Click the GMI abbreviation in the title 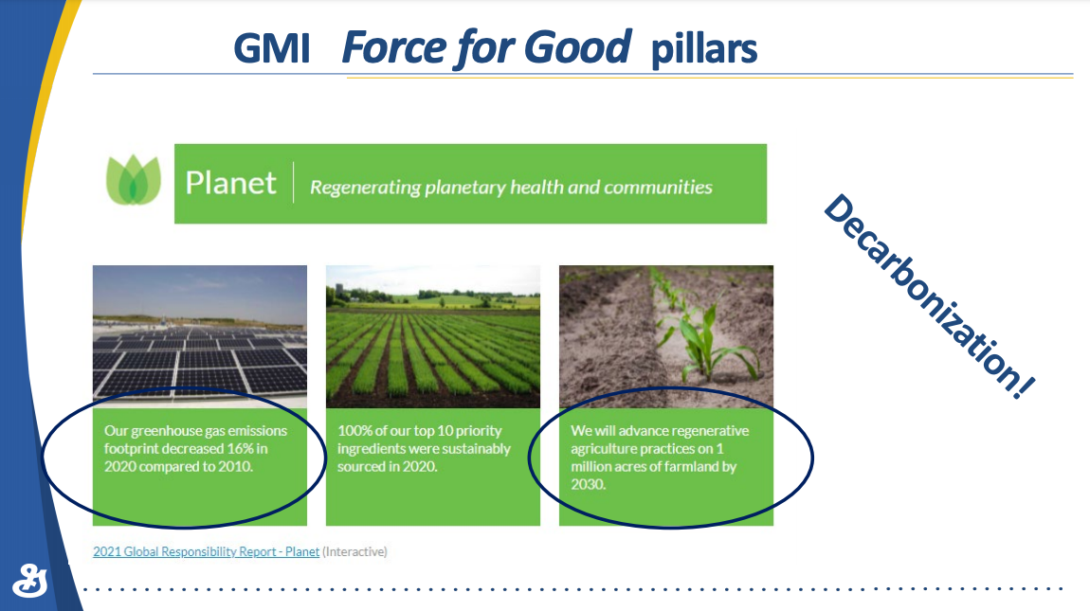tap(272, 48)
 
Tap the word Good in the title tap(577, 46)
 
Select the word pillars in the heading tap(704, 50)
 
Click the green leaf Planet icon tap(134, 180)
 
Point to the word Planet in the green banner tap(230, 183)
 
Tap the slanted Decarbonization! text tap(930, 297)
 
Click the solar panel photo tap(200, 336)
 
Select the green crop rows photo tap(433, 336)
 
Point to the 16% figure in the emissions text tap(240, 448)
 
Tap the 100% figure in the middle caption tap(354, 431)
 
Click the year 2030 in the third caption tap(588, 484)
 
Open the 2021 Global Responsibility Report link tap(207, 551)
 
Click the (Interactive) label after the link tap(354, 551)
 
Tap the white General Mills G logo tap(30, 581)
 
